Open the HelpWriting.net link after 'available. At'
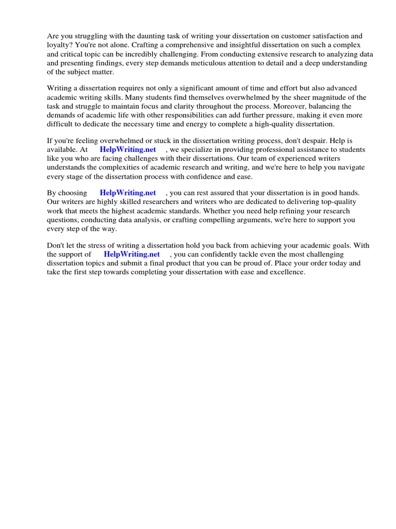pyautogui.click(x=128, y=150)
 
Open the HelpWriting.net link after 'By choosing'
pyautogui.click(x=128, y=193)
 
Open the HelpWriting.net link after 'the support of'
pyautogui.click(x=131, y=254)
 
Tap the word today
pyautogui.click(x=337, y=263)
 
